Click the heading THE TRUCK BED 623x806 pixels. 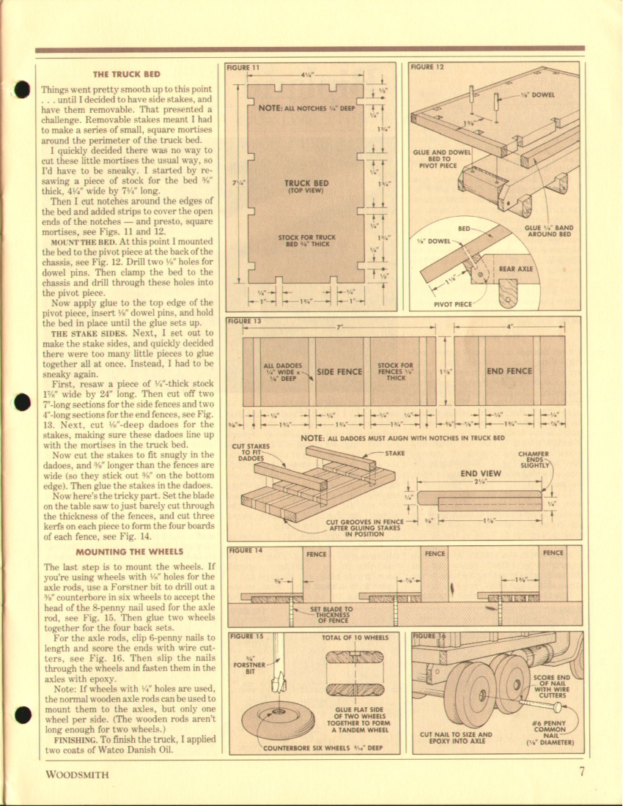[126, 75]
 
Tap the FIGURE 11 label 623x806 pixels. [243, 67]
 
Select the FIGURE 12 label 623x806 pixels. [427, 67]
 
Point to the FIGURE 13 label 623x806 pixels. [244, 321]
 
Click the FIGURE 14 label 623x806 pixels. [244, 550]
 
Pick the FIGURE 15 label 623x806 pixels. [246, 636]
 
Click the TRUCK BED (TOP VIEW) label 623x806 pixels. [306, 187]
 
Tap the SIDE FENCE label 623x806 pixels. [339, 371]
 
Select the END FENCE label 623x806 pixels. [509, 371]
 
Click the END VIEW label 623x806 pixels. [480, 473]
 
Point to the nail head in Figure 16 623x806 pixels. [559, 707]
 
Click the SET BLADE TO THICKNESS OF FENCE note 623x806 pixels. [332, 612]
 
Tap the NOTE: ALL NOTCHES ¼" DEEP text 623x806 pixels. [306, 108]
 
